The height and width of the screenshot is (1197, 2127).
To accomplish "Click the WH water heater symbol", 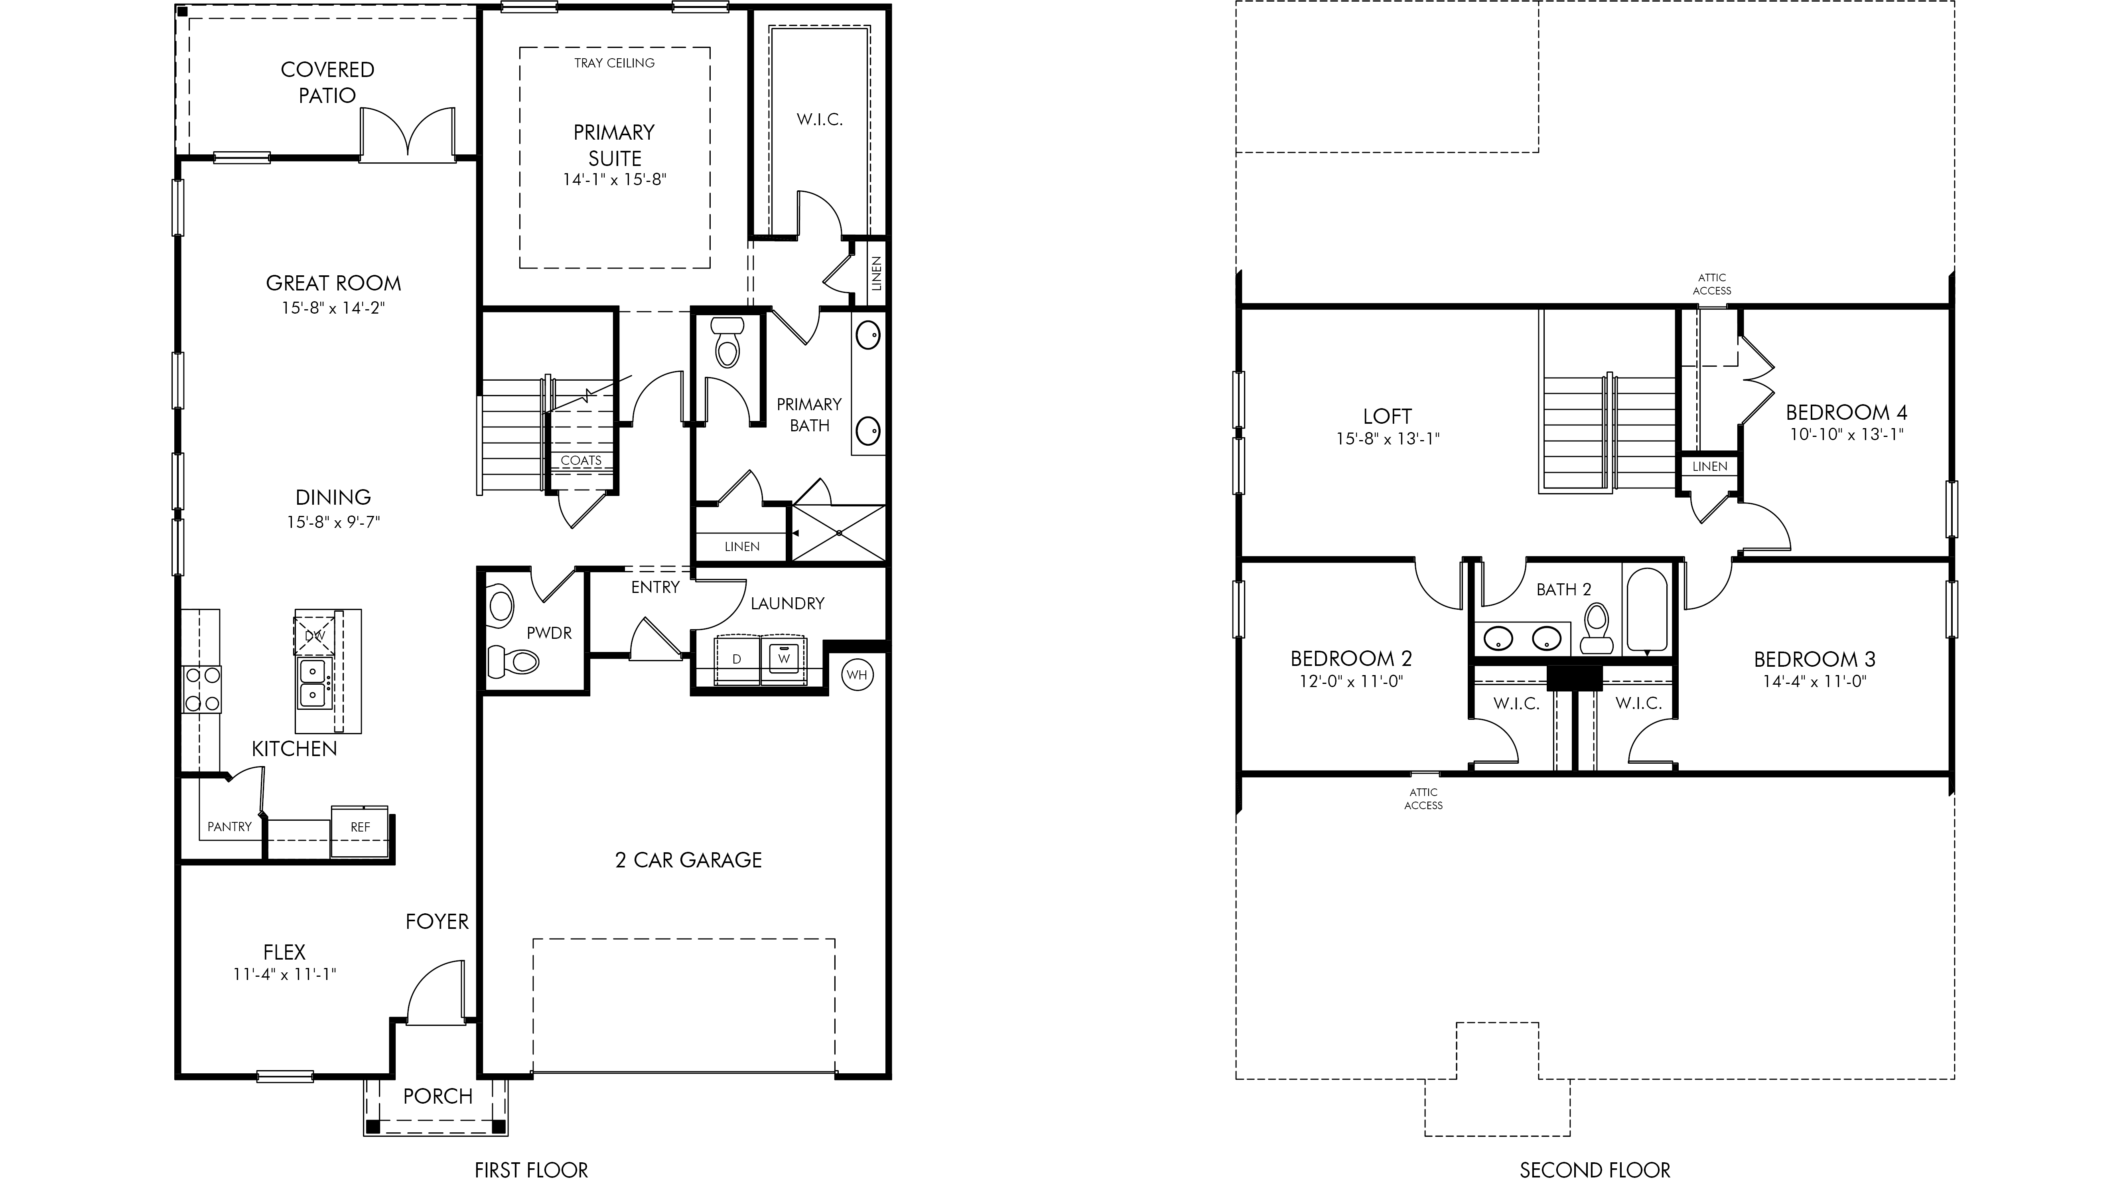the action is [x=857, y=675].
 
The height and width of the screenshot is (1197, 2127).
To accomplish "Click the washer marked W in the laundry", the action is [x=784, y=659].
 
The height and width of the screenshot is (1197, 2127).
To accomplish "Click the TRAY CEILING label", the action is [x=614, y=63].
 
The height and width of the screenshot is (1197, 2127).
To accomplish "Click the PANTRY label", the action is [x=230, y=826].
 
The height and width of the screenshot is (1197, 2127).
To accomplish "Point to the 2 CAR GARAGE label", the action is [x=689, y=860].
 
